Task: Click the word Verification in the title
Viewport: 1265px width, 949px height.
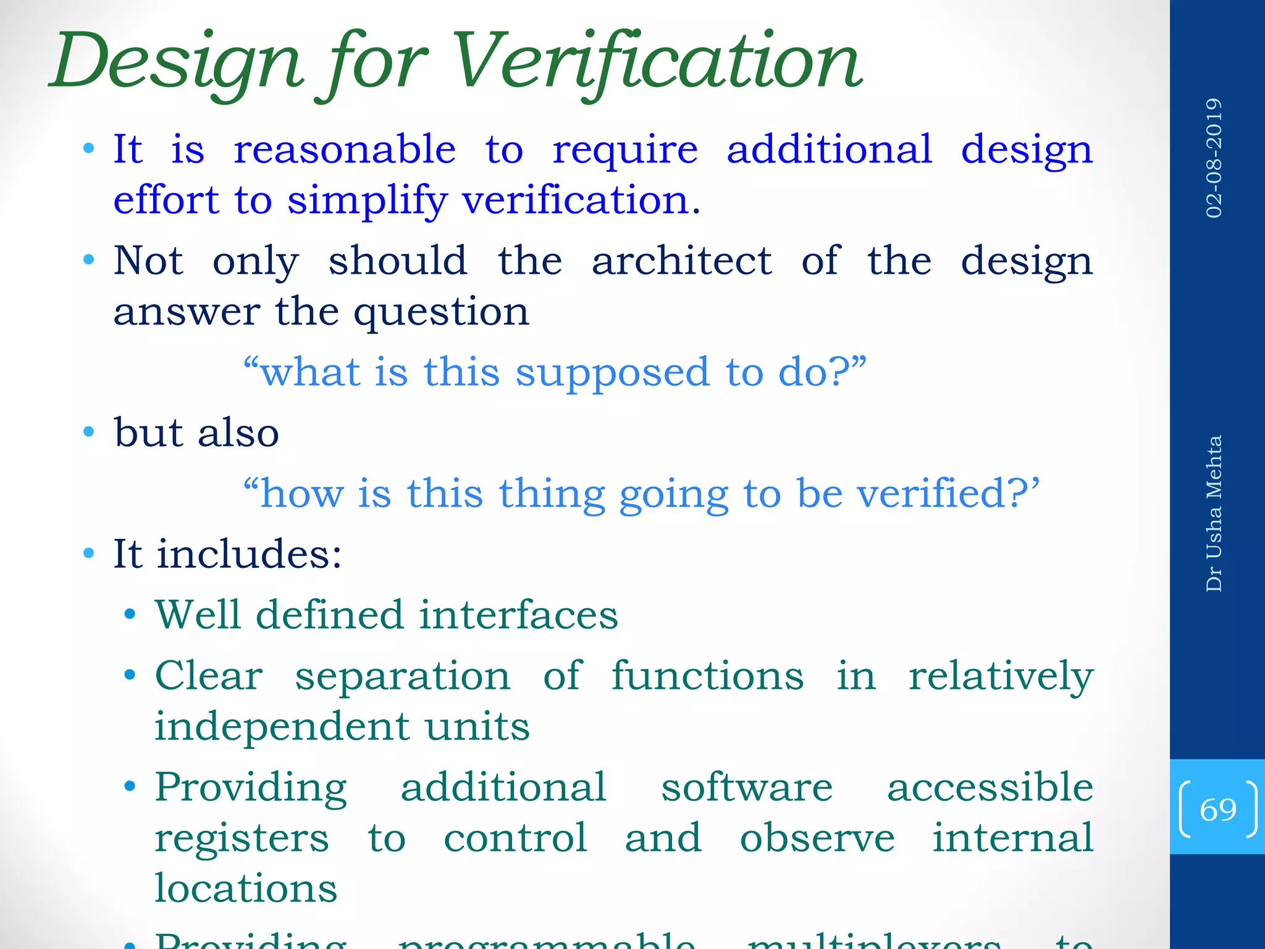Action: [658, 62]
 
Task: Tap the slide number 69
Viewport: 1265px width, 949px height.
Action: [1217, 809]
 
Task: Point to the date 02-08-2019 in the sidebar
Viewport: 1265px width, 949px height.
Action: [1214, 158]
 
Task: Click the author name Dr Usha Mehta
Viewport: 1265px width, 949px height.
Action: [1214, 513]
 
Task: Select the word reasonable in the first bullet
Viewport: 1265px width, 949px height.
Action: [345, 150]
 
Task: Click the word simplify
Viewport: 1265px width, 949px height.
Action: [367, 201]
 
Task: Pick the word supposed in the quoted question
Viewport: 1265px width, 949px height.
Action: [612, 373]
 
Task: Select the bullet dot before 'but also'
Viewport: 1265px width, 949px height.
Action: [89, 432]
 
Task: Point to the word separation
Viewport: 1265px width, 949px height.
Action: [403, 675]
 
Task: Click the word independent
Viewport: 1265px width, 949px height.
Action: [282, 726]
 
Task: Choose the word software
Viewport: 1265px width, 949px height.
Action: [747, 788]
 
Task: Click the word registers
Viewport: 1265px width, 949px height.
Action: [242, 839]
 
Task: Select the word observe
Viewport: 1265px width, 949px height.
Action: [817, 838]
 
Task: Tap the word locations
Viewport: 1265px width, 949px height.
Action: [246, 888]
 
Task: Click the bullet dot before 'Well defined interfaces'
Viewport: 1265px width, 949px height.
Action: [130, 615]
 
